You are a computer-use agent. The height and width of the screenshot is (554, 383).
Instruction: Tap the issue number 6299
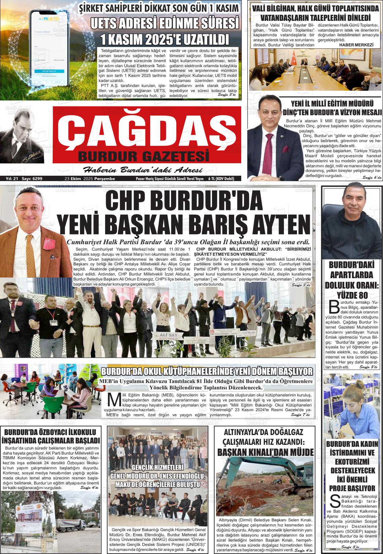point(37,179)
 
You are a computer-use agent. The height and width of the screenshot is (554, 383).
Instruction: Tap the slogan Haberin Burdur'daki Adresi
point(142,169)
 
